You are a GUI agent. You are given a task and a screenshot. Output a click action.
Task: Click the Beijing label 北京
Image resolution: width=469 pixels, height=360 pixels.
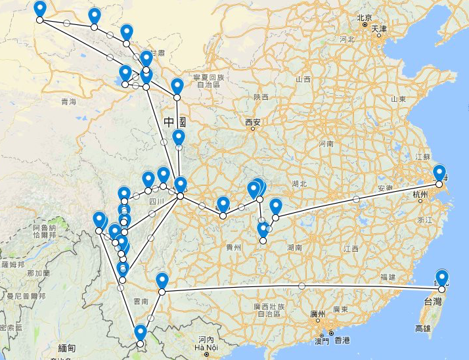[365, 18]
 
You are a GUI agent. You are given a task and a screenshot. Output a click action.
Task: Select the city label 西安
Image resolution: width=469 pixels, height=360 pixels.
[253, 122]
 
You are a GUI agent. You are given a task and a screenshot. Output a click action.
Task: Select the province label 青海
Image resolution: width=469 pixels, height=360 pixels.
[68, 101]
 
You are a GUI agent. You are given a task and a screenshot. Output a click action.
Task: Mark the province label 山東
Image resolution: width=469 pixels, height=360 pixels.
[399, 99]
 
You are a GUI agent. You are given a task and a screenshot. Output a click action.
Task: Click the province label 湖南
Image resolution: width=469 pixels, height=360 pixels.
[294, 248]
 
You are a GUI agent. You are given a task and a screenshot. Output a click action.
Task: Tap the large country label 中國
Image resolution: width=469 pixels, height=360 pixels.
[175, 122]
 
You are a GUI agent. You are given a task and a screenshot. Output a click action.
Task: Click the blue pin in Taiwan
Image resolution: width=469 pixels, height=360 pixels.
[441, 279]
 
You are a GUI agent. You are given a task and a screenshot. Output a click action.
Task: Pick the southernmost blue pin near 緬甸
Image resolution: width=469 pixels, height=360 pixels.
[139, 333]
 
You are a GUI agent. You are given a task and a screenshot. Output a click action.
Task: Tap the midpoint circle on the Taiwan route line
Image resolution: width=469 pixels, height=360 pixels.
[301, 286]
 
